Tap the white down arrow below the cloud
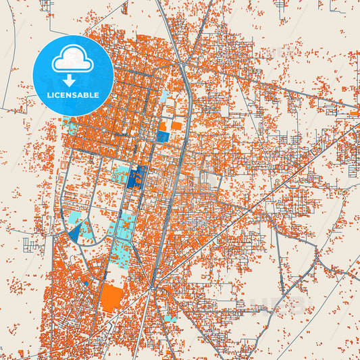coord(72,80)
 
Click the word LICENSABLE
coord(73,95)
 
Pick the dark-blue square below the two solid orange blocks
coord(163,136)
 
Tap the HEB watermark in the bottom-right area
coord(277,304)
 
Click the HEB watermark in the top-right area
coord(277,53)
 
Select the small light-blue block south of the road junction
coord(169,318)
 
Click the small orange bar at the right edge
coord(355,113)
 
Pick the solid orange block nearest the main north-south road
coord(176,126)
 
